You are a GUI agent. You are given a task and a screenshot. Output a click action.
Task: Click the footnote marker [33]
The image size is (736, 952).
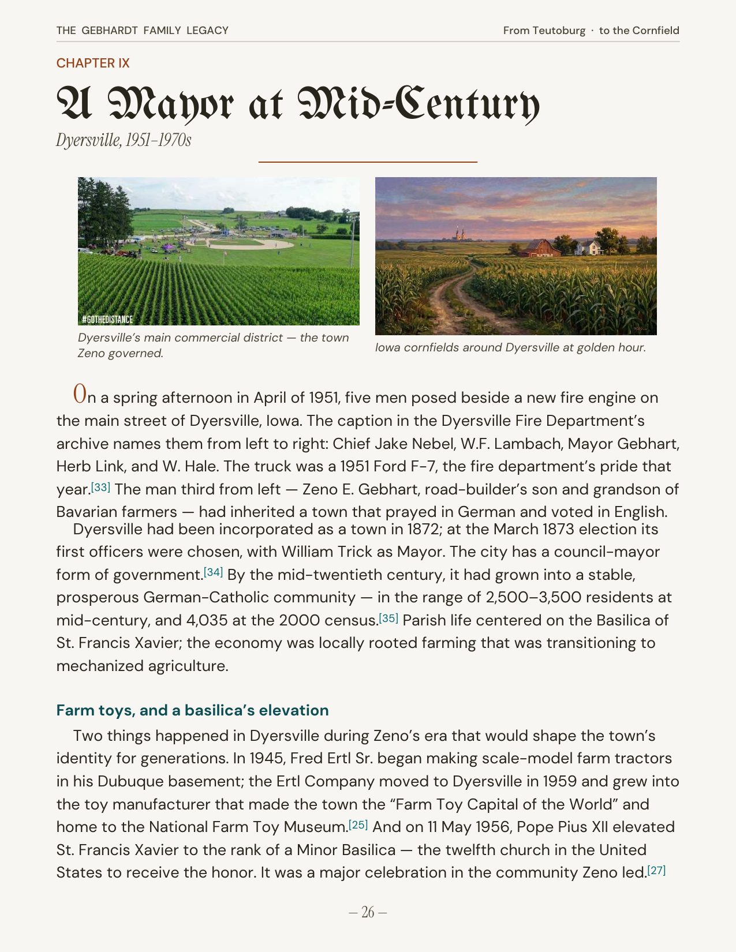tap(100, 487)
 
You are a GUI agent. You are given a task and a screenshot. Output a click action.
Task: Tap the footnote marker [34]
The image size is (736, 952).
tap(213, 572)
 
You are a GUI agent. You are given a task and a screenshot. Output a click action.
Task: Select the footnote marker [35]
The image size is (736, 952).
tap(388, 618)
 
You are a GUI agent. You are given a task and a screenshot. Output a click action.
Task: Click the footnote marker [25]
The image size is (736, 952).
tap(358, 824)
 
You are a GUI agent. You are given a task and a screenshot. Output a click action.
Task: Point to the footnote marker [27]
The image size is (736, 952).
tap(656, 870)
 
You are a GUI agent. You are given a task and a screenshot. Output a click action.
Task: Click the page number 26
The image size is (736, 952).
tap(368, 912)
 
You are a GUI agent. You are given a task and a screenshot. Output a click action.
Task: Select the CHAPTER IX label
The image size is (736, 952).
tap(93, 63)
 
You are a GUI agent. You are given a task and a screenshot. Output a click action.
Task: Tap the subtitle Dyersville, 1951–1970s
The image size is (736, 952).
tap(124, 140)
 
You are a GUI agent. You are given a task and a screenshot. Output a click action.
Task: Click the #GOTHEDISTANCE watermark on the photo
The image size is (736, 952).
tap(107, 319)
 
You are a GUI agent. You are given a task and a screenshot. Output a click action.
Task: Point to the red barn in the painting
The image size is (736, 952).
tap(539, 248)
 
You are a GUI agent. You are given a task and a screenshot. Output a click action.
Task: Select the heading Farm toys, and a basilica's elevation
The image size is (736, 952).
tap(192, 710)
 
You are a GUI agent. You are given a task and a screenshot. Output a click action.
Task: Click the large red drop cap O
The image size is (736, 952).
tap(80, 394)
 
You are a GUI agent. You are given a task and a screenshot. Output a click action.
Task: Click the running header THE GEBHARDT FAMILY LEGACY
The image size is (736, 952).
tap(142, 30)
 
